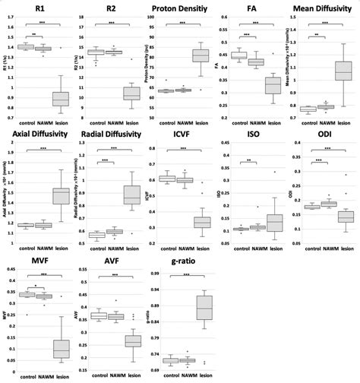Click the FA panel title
(x=252, y=8)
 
